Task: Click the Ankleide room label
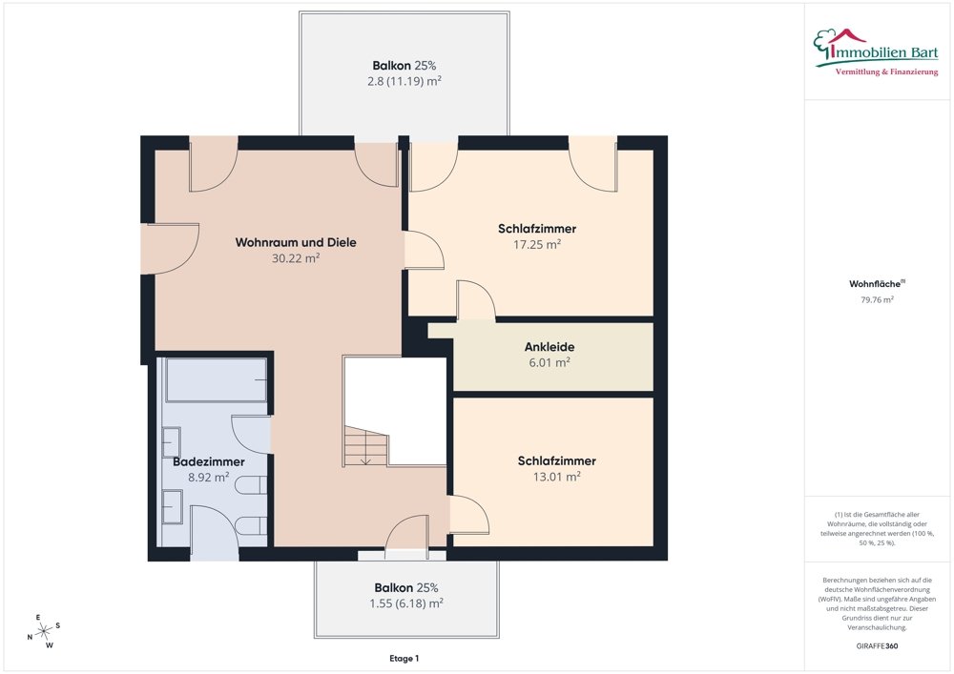click(550, 347)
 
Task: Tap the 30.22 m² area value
click(296, 257)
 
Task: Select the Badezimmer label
click(209, 462)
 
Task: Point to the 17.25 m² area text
click(537, 244)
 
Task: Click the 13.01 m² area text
click(557, 477)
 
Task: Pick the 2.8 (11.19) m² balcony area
click(404, 81)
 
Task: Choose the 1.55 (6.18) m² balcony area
click(405, 603)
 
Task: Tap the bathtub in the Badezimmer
click(216, 379)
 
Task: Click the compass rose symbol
click(44, 631)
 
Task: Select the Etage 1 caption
click(404, 658)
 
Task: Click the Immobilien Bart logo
click(876, 51)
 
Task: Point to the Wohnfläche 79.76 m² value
click(877, 299)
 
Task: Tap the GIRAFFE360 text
click(877, 646)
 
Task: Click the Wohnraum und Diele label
click(296, 242)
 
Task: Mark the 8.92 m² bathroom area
click(209, 477)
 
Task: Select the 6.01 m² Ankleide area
click(550, 363)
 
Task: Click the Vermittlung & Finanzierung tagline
click(886, 72)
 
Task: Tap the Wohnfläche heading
click(877, 284)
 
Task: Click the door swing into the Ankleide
click(476, 299)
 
